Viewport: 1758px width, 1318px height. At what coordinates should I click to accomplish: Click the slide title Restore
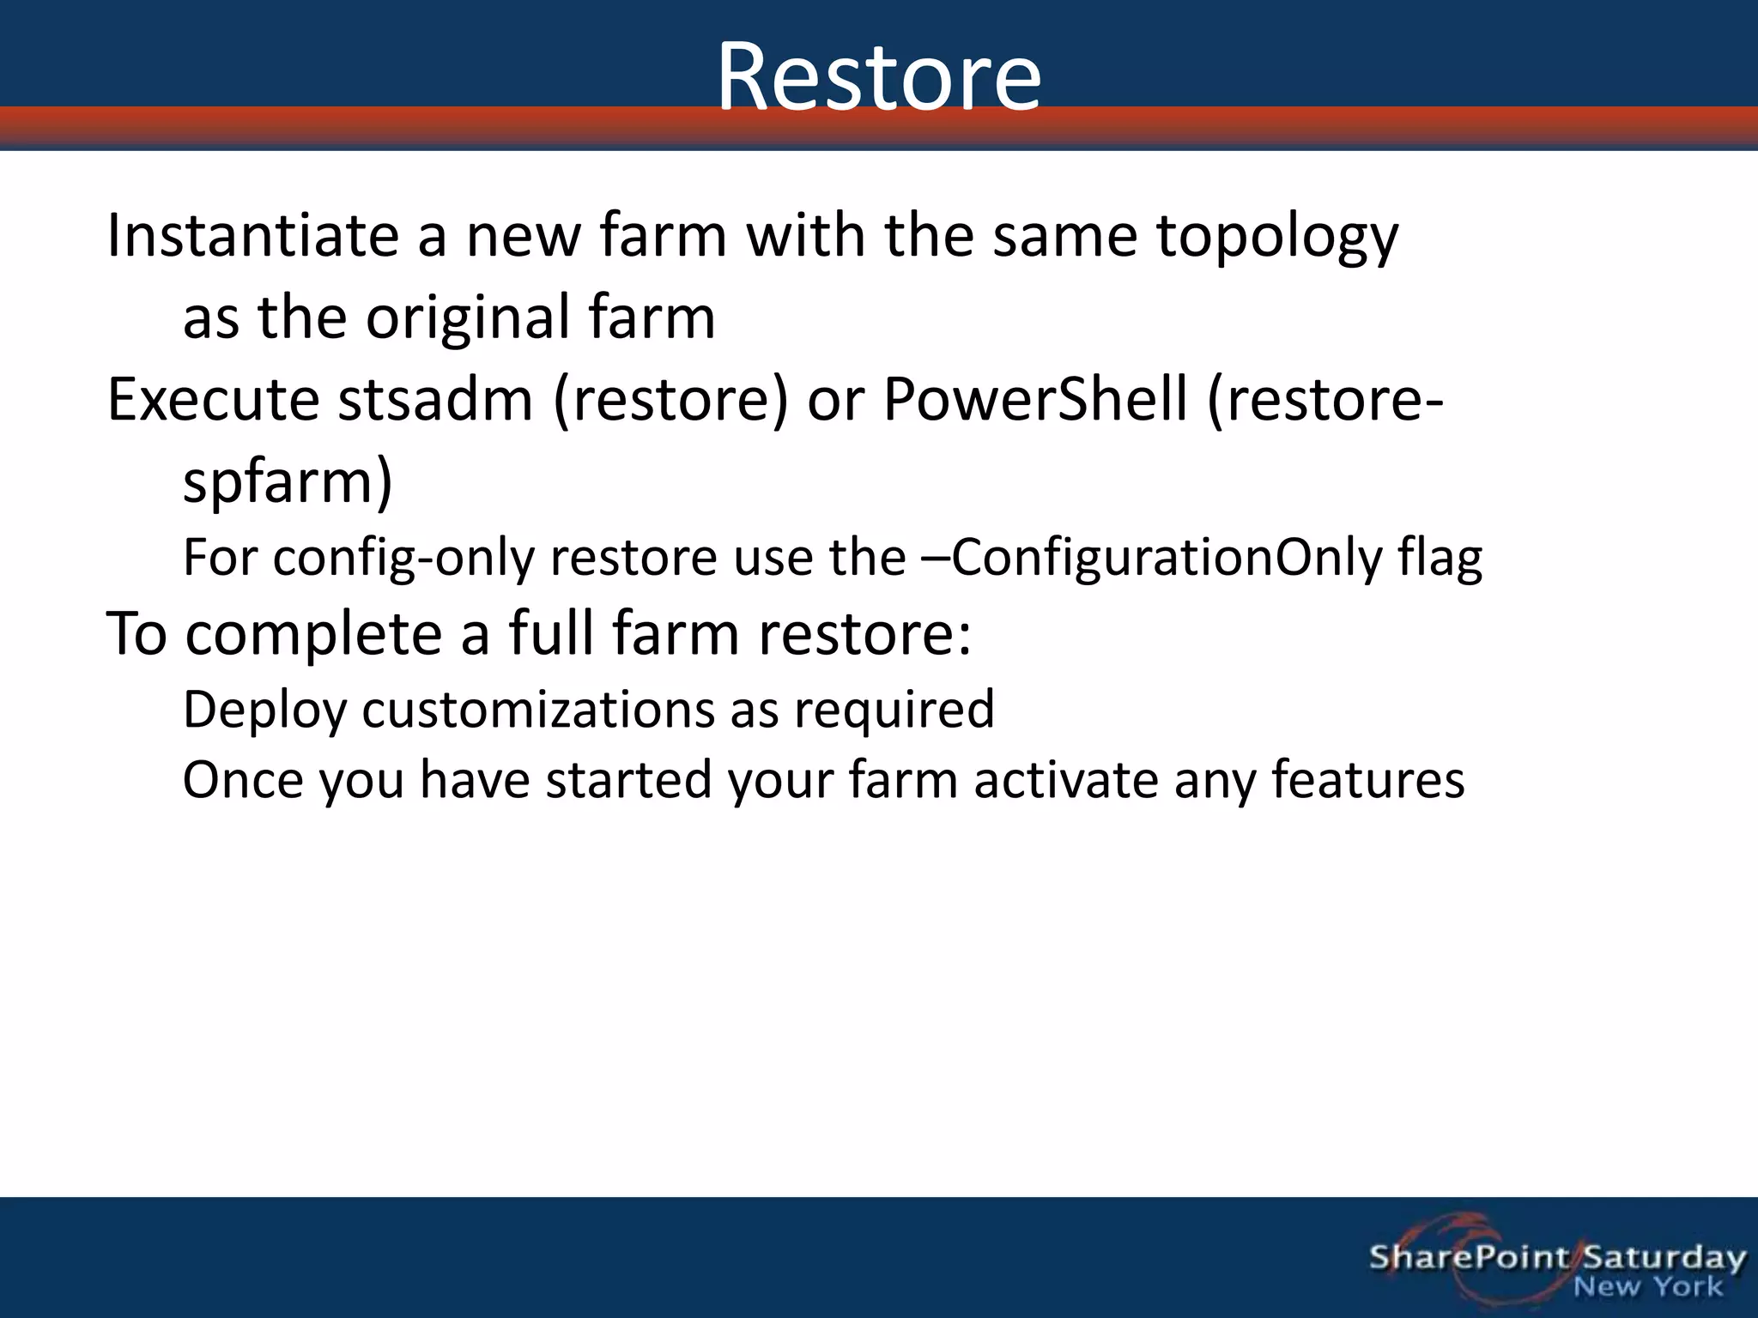879,77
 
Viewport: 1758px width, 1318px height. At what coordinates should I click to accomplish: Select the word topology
1277,237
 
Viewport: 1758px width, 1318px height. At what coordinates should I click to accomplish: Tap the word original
468,317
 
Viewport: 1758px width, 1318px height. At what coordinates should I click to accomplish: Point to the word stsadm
435,400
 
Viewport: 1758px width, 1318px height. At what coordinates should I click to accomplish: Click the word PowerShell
1034,400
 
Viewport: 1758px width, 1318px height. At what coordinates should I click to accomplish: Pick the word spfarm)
288,482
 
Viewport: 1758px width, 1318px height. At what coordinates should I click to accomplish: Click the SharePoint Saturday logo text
1556,1258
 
